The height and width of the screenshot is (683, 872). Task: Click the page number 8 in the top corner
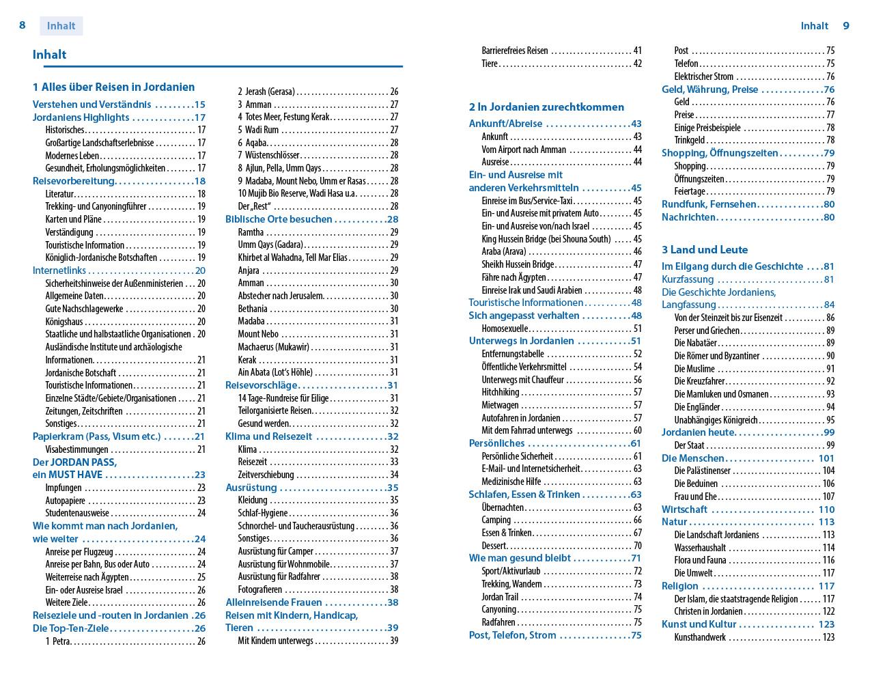pyautogui.click(x=23, y=25)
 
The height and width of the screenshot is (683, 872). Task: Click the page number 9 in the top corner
pyautogui.click(x=846, y=26)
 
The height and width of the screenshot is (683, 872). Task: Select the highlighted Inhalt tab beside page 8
pyautogui.click(x=61, y=26)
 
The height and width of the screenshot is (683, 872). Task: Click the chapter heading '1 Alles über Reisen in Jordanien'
pyautogui.click(x=113, y=87)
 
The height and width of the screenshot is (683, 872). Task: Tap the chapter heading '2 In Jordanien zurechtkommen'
pyautogui.click(x=546, y=107)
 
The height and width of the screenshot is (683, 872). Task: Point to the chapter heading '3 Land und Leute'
pyautogui.click(x=705, y=249)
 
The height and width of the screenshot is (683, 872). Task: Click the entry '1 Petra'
pyautogui.click(x=58, y=641)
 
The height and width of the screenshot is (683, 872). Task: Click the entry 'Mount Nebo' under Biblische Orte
pyautogui.click(x=258, y=334)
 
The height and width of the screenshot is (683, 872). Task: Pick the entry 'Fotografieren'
pyautogui.click(x=259, y=589)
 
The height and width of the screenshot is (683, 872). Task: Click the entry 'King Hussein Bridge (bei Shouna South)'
pyautogui.click(x=546, y=239)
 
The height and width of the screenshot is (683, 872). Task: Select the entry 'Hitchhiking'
pyautogui.click(x=500, y=392)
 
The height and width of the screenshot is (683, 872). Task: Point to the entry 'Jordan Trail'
pyautogui.click(x=500, y=597)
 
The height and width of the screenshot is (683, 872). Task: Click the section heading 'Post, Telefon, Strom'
pyautogui.click(x=512, y=635)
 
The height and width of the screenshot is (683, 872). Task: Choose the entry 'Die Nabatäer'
pyautogui.click(x=695, y=343)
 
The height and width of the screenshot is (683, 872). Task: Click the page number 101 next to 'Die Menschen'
pyautogui.click(x=826, y=458)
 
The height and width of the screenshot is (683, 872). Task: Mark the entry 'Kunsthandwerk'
pyautogui.click(x=700, y=637)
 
